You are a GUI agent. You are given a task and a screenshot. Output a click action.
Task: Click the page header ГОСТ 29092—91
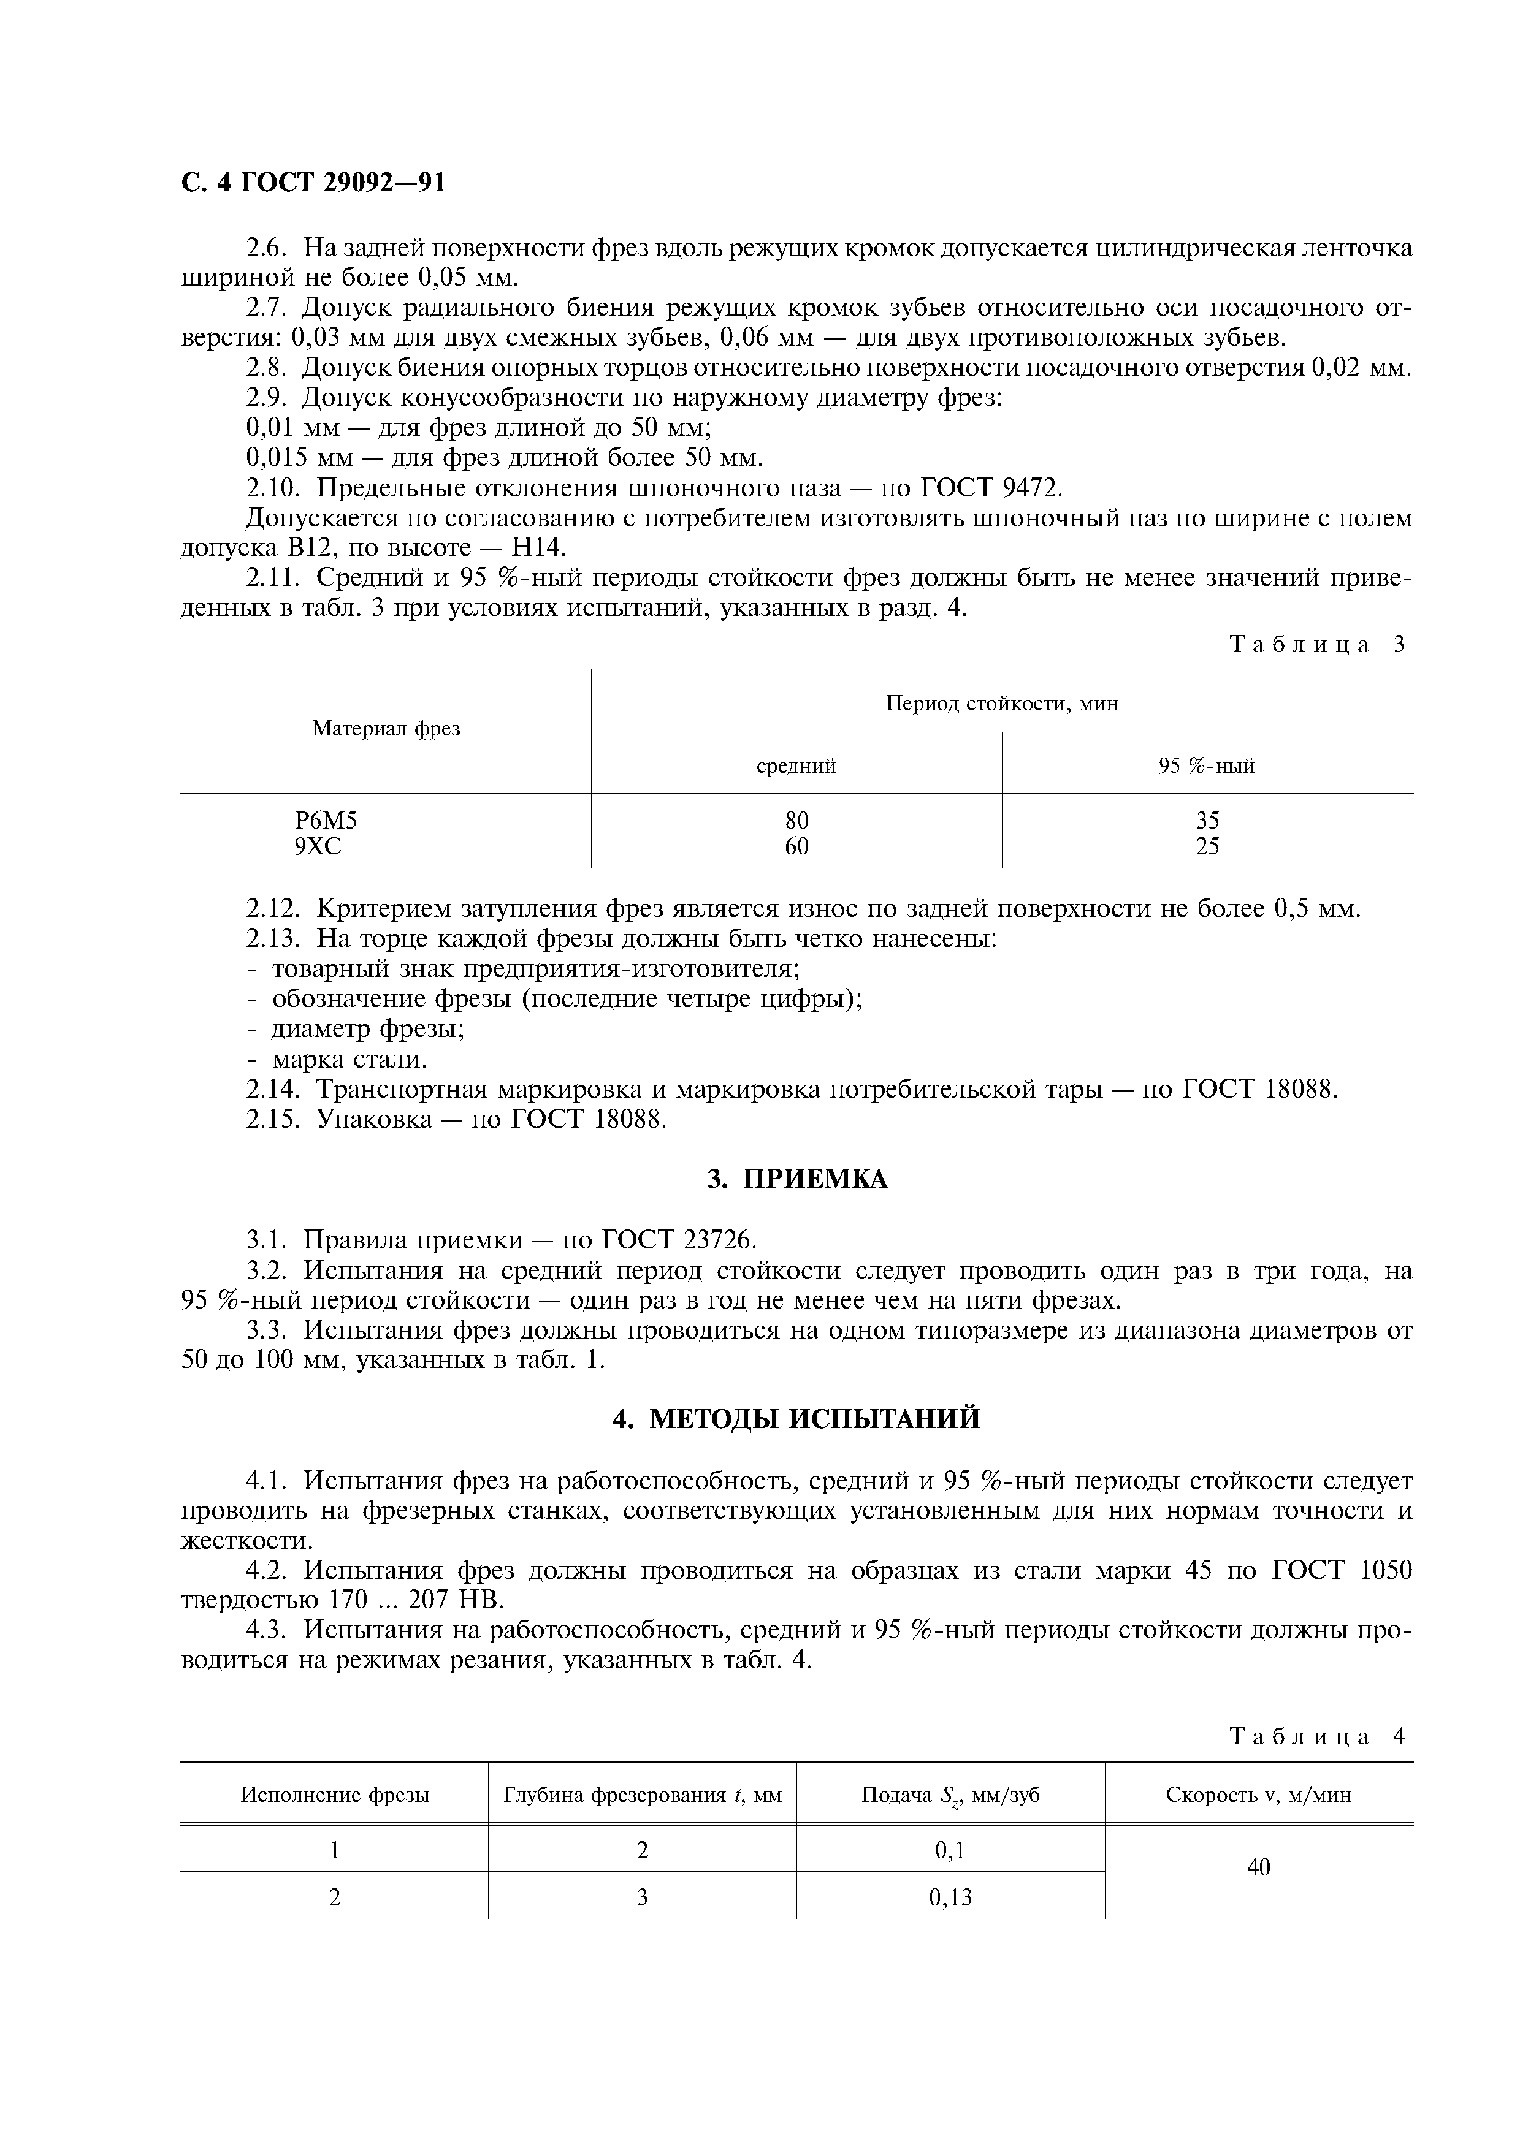tap(313, 183)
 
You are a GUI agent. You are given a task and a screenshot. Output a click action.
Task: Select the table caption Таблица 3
tap(1317, 644)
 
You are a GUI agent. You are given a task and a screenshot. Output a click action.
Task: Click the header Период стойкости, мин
tap(1001, 702)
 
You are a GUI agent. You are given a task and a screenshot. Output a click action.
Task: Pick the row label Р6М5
tap(326, 820)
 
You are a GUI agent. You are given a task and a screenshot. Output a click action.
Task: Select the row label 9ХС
tap(318, 846)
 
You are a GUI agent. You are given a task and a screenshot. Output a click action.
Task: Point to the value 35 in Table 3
tap(1207, 820)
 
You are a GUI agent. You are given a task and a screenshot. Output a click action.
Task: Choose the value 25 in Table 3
tap(1207, 846)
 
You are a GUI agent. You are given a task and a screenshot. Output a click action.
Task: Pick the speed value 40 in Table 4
tap(1259, 1867)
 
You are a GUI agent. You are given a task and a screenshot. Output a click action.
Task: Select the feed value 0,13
tap(950, 1897)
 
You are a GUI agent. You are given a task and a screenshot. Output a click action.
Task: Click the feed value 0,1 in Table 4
tap(950, 1850)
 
